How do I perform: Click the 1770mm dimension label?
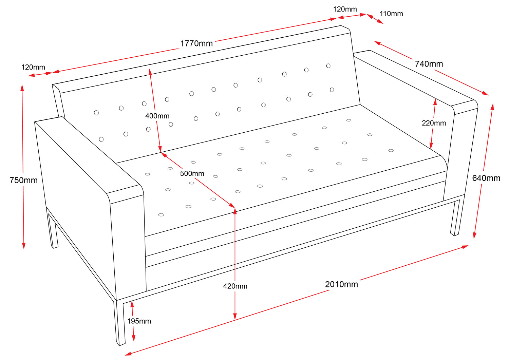(x=196, y=43)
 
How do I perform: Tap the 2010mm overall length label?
(x=341, y=284)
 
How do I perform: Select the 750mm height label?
(x=23, y=180)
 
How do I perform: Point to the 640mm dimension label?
(x=486, y=178)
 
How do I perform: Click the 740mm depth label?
(x=429, y=64)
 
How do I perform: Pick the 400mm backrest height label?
(x=157, y=116)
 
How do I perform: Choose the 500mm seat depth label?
(x=192, y=174)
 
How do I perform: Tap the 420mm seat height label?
(x=235, y=286)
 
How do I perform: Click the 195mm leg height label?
(x=139, y=321)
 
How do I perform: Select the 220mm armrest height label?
(x=434, y=123)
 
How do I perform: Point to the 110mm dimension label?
(x=391, y=14)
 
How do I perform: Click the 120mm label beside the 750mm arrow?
(x=33, y=67)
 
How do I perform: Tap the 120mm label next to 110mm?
(x=345, y=9)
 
